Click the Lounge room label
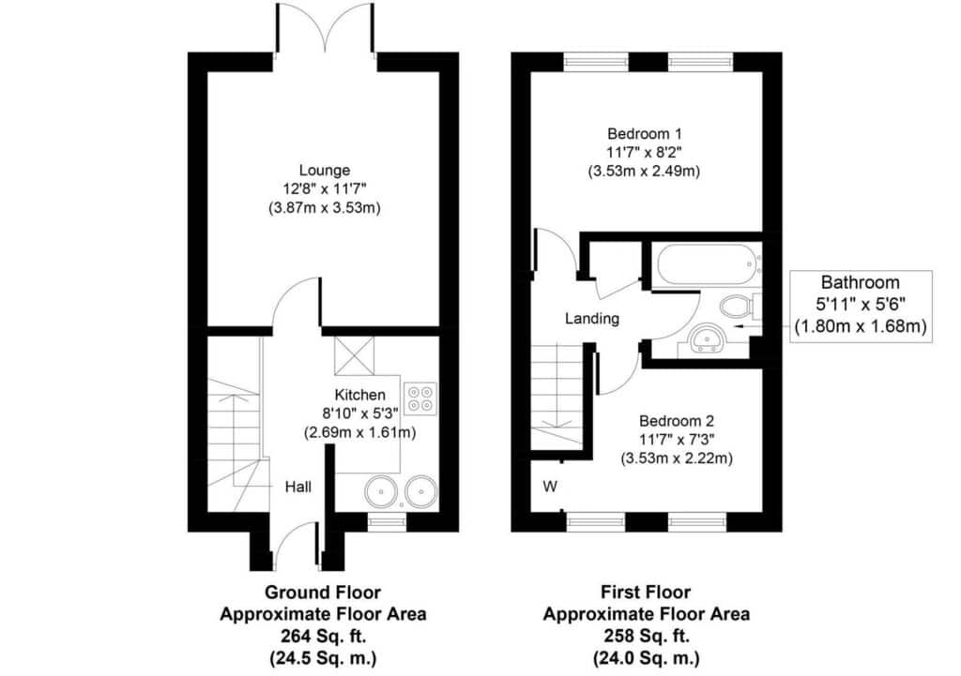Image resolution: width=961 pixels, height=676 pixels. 324,171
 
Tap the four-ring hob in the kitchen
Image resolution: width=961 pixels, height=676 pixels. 420,398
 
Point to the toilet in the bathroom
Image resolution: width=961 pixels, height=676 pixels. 740,306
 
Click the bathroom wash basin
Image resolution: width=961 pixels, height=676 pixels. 707,339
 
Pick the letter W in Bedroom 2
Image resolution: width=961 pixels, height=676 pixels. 550,487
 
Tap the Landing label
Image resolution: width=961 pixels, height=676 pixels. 591,319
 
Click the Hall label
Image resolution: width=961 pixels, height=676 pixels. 297,487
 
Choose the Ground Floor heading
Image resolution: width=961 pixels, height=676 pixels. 323,593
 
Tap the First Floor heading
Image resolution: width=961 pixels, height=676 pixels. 646,593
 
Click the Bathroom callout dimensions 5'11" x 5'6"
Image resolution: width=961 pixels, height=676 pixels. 860,305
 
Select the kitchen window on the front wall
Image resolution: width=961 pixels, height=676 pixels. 387,521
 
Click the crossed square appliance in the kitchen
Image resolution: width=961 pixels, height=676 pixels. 354,355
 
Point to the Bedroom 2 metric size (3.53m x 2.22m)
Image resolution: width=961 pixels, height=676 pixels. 676,458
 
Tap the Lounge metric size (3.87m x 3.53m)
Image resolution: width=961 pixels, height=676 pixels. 324,208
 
